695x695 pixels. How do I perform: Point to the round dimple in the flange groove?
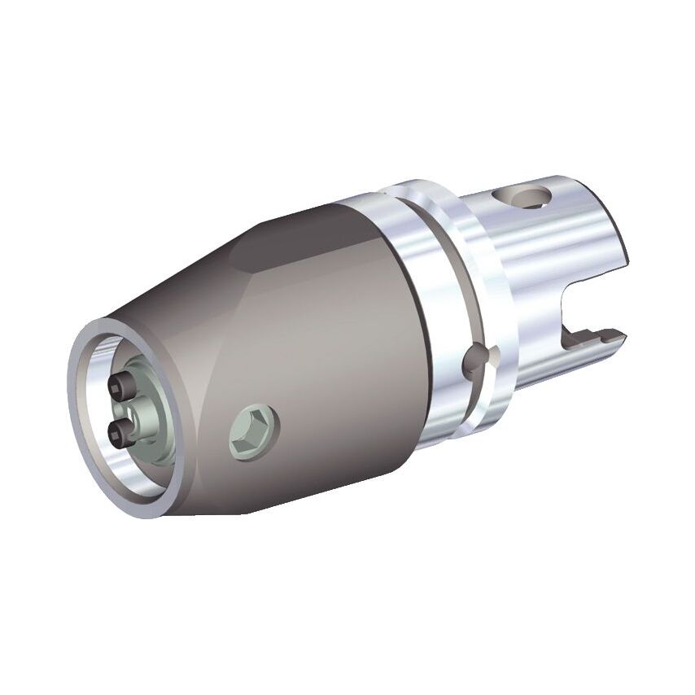(475, 362)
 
